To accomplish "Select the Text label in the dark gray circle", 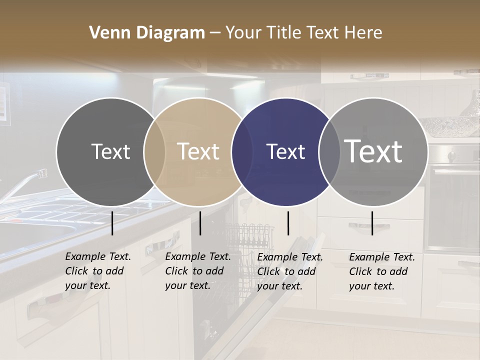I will pos(110,151).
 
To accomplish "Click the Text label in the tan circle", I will pos(198,151).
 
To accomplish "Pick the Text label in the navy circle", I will pos(286,151).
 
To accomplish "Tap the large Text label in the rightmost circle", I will pos(373,151).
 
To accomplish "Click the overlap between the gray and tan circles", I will pos(154,151).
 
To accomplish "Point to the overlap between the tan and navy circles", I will pos(242,151).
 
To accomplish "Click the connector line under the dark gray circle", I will pos(112,223).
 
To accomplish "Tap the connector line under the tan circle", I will pos(200,223).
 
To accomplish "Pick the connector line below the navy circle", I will pos(288,223).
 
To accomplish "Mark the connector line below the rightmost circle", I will pos(372,223).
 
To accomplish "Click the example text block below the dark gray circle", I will pos(97,271).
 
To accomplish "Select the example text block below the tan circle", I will pos(197,271).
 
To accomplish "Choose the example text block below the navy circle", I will pos(289,271).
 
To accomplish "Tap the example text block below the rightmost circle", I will pos(381,271).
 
